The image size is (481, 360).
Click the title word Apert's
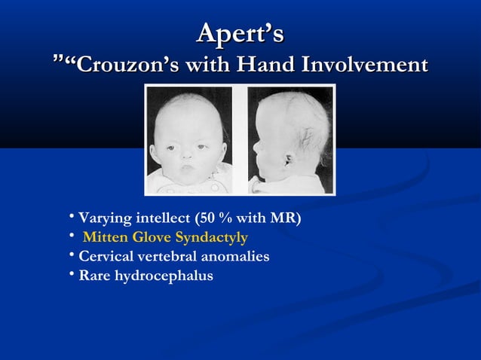(240, 34)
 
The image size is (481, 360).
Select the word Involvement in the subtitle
(364, 66)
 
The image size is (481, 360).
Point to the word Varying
(105, 219)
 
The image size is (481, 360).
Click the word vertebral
(167, 257)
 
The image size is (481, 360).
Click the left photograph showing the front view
(188, 139)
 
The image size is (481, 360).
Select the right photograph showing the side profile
(290, 139)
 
